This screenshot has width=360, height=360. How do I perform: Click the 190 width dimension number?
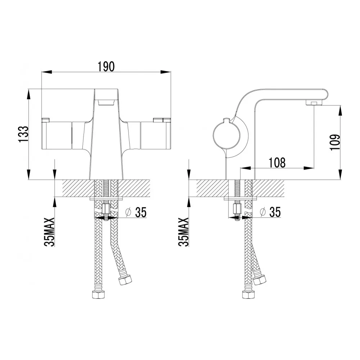point(106,67)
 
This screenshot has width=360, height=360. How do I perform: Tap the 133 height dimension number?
point(23,134)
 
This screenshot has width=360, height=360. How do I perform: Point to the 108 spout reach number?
point(277,163)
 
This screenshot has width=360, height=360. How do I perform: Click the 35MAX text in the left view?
point(49,232)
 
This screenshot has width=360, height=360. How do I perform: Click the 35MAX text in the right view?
point(184,232)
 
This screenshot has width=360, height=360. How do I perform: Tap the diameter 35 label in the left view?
point(136,212)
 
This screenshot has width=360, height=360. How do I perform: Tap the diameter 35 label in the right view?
point(271,212)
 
